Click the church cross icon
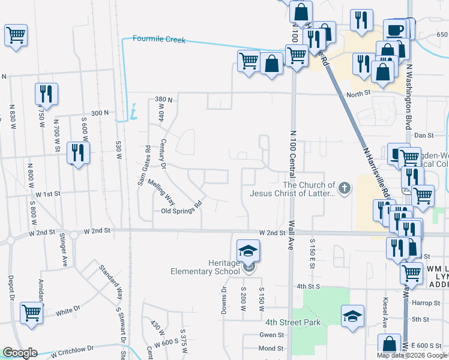[x=344, y=188]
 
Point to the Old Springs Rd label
[x=181, y=211]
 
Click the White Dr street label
[x=68, y=311]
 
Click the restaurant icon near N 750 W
[x=46, y=94]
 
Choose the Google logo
[x=20, y=353]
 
